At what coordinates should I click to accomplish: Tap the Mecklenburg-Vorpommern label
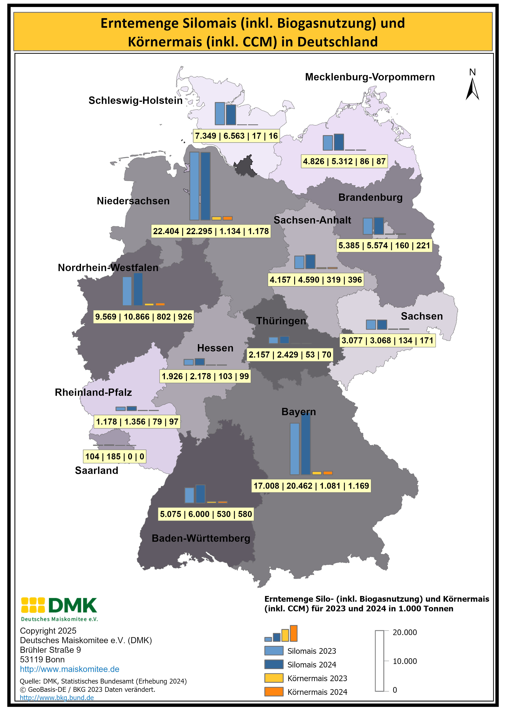[x=370, y=77]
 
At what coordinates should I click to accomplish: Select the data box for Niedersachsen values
[x=211, y=231]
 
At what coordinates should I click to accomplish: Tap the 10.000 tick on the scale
[x=404, y=661]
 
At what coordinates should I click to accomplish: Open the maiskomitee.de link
[x=70, y=669]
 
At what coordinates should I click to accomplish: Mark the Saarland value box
[x=114, y=457]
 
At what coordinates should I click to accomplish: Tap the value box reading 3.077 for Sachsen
[x=387, y=340]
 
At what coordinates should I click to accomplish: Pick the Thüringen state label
[x=281, y=321]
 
